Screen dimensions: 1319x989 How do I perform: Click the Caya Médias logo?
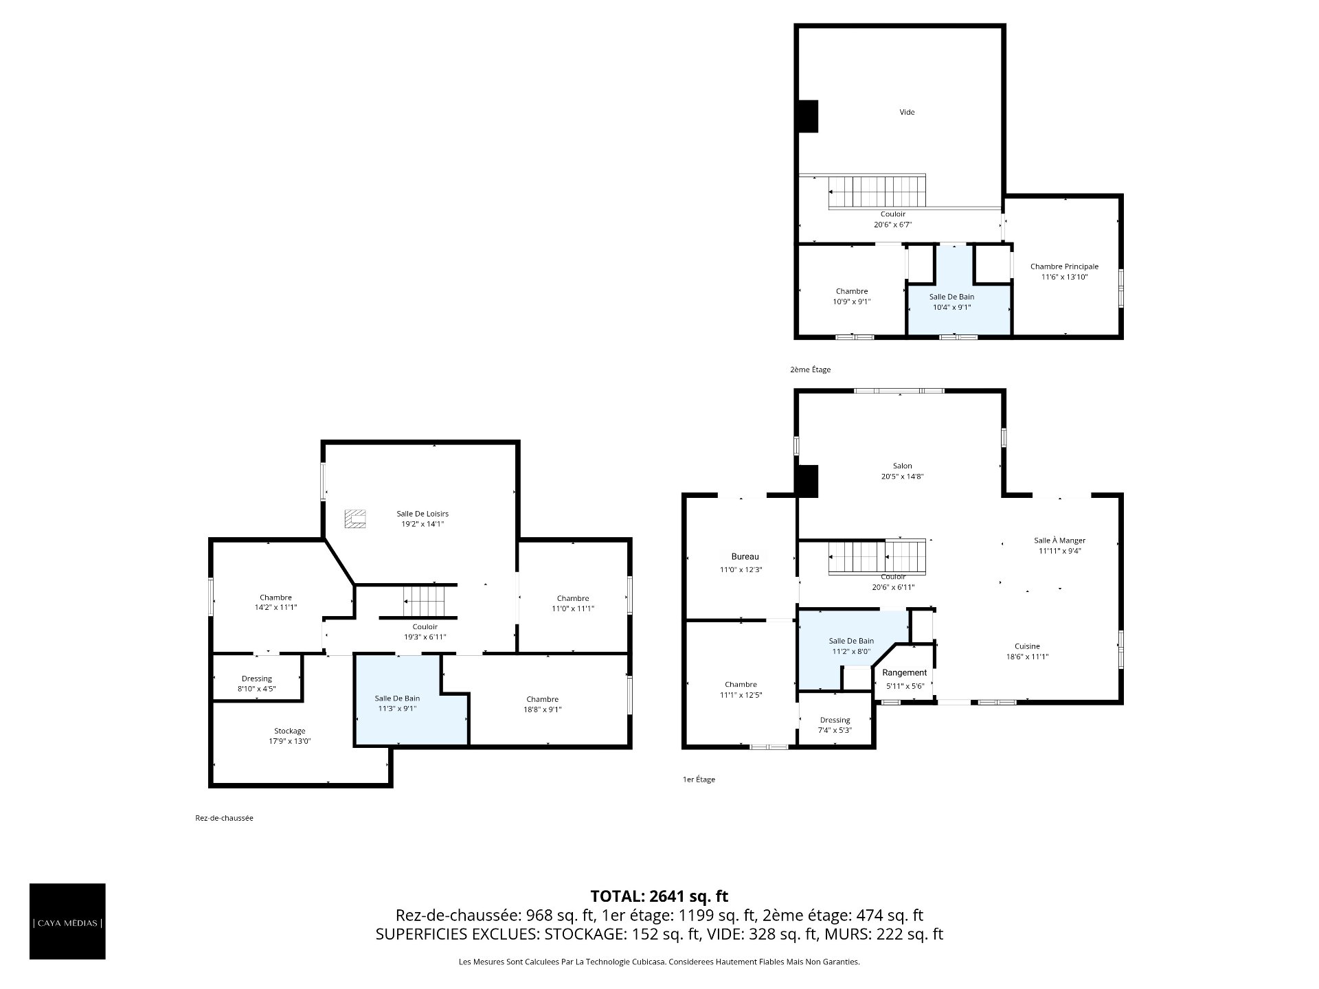67,921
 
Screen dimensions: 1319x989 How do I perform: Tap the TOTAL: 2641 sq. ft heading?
659,896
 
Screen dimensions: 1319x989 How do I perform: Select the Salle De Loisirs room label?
422,514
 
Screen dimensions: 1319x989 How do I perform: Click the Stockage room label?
289,731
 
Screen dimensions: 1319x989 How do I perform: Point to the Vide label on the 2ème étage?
907,112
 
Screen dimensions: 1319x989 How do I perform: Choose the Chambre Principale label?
1064,266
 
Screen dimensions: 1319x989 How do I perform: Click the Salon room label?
903,466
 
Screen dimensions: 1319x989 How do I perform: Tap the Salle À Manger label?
1060,541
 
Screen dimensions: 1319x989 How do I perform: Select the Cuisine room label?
1028,646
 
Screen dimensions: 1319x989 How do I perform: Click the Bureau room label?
745,557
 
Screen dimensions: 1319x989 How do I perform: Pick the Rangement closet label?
905,673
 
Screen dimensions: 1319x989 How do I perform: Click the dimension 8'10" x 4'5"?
257,689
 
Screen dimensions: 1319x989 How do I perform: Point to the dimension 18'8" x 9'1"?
543,710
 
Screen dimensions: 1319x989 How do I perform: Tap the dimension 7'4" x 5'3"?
835,731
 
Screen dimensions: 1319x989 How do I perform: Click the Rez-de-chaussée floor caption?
224,818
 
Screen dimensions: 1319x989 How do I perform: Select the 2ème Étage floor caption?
811,370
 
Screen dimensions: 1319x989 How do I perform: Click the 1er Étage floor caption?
699,780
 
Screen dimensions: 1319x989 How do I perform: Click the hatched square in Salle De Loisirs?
355,519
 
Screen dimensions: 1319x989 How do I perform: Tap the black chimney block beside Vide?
807,116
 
